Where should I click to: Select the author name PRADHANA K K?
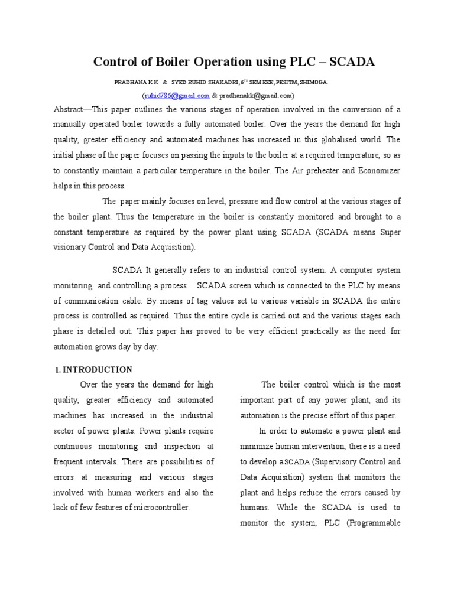137,83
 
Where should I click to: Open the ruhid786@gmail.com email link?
176,95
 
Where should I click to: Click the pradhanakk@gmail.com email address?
256,95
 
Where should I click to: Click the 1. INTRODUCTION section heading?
94,370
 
